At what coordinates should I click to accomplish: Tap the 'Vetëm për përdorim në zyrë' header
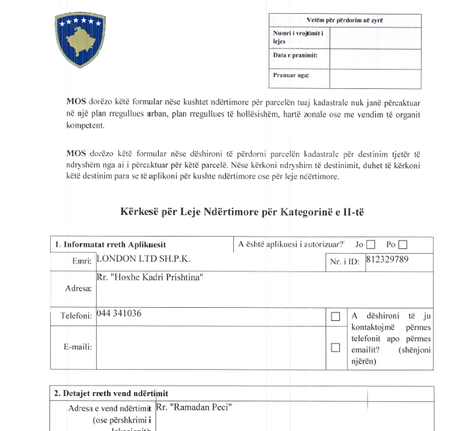tap(345, 20)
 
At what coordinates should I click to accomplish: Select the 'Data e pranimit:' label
tap(295, 55)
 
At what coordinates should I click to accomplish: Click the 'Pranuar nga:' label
tap(291, 75)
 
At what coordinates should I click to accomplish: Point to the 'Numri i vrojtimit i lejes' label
tap(294, 37)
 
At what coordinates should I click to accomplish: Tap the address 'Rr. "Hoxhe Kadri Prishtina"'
tap(149, 278)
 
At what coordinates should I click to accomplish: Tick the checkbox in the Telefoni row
tap(335, 316)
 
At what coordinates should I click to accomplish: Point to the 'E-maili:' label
tap(78, 347)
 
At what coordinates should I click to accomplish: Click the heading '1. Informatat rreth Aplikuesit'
tap(110, 244)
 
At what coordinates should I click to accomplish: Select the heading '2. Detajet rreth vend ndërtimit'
tap(111, 393)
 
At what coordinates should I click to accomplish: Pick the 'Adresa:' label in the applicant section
tap(79, 289)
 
